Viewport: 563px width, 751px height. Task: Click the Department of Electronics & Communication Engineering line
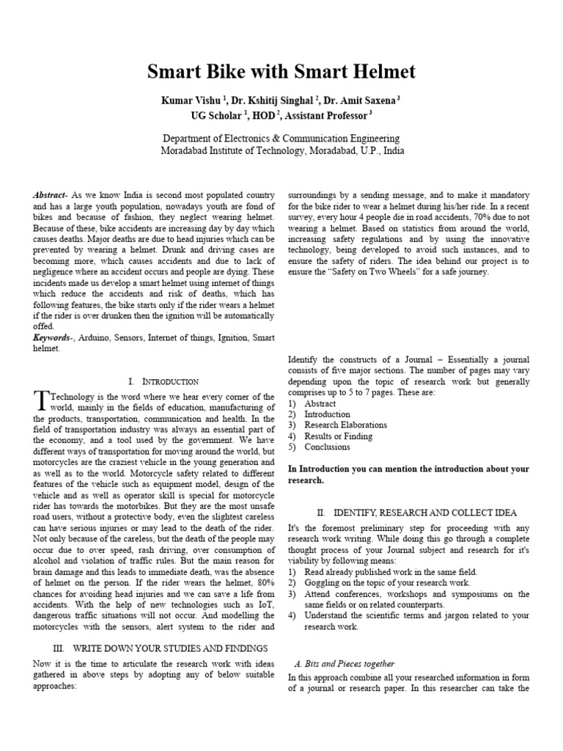(281, 138)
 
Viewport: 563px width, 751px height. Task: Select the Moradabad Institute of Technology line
(281, 151)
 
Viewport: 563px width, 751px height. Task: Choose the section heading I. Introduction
(163, 382)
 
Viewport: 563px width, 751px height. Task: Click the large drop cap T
(40, 400)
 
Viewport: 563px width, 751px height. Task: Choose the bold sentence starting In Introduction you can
(408, 475)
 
